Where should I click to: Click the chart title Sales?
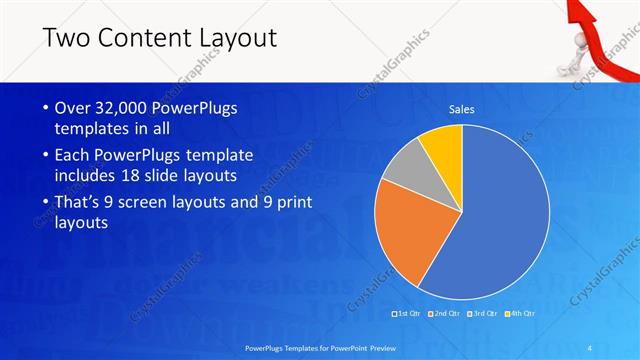pyautogui.click(x=461, y=109)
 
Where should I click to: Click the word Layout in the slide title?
pyautogui.click(x=230, y=39)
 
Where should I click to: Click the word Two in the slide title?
pyautogui.click(x=68, y=39)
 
